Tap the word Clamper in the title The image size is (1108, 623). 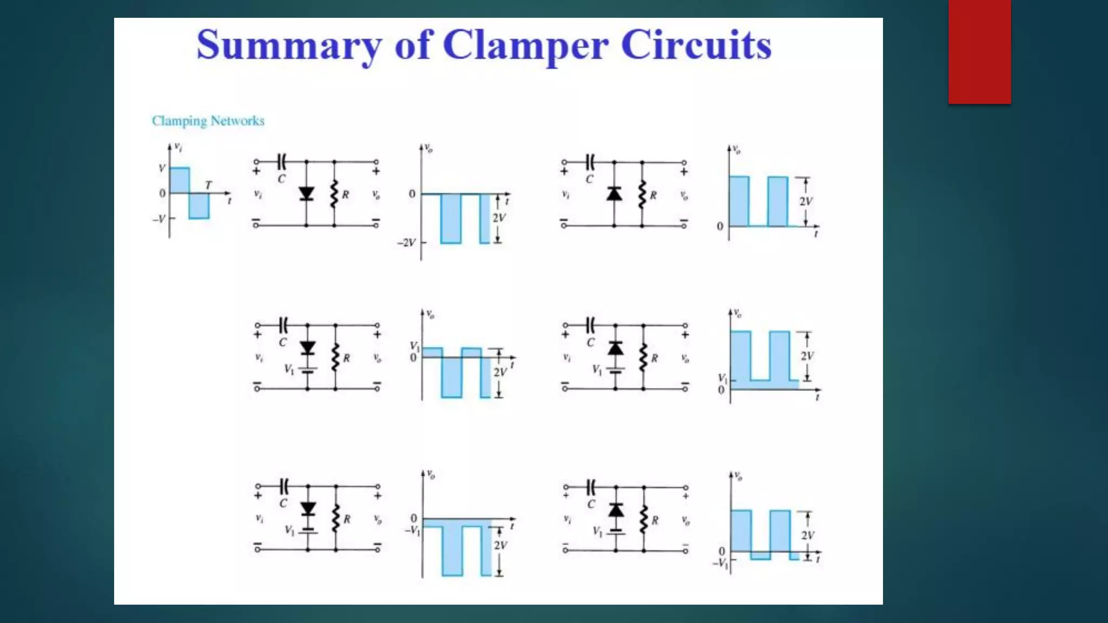525,45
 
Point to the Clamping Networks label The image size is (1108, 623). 208,121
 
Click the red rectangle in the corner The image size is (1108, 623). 979,51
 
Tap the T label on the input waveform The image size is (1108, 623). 209,184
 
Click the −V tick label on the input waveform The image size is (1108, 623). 159,219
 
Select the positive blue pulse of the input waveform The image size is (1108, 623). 180,180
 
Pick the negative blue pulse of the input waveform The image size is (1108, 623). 199,206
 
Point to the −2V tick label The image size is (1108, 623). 406,242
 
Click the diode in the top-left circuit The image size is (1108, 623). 306,193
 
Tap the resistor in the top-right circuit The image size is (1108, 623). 642,194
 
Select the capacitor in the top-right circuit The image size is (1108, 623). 590,162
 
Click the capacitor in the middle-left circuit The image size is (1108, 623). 283,325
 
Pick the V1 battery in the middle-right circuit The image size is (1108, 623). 615,370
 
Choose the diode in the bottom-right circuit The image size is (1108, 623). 616,509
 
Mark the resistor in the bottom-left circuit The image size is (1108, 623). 336,519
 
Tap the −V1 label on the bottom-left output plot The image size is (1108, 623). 412,531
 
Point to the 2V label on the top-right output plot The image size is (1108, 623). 806,201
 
